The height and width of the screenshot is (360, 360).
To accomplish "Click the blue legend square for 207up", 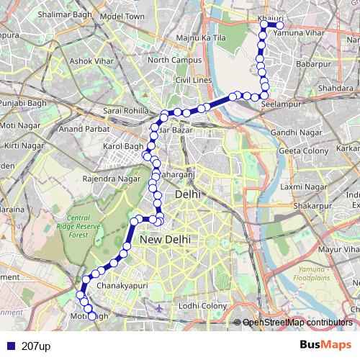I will pos(8,346).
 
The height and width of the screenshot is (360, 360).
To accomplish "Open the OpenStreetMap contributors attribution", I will pos(298,323).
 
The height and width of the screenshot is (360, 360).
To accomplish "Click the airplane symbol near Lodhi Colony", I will pos(159,307).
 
